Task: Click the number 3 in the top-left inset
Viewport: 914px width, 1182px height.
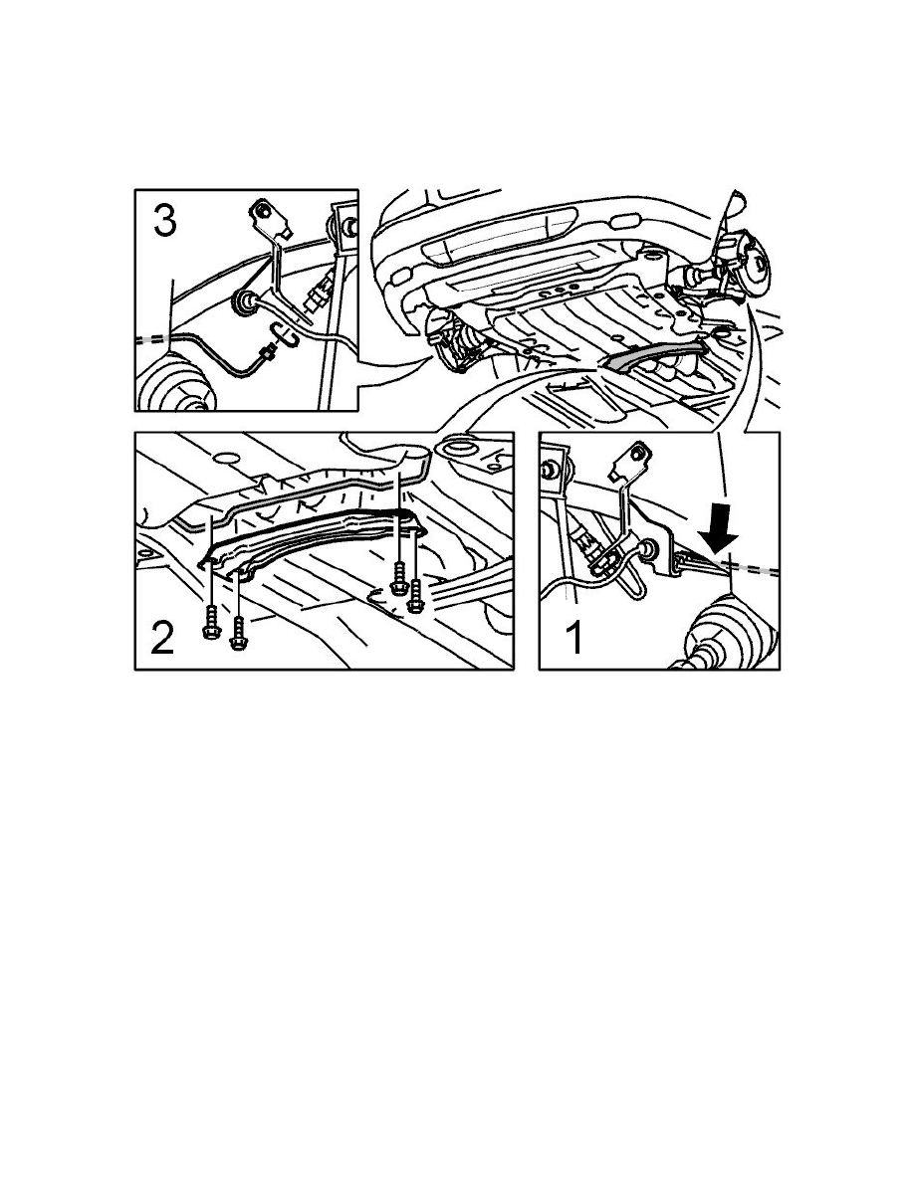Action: point(165,222)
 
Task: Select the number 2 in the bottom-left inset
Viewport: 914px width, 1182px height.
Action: point(162,639)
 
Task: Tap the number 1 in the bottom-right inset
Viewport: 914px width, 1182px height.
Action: point(573,638)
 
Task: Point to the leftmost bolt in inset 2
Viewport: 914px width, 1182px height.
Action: point(211,624)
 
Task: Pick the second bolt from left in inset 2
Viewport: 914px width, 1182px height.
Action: point(239,633)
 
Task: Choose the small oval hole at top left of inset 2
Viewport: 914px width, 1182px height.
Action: point(224,458)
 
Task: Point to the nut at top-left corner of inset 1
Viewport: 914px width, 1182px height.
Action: point(548,471)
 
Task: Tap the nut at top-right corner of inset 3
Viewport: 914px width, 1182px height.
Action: point(348,226)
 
